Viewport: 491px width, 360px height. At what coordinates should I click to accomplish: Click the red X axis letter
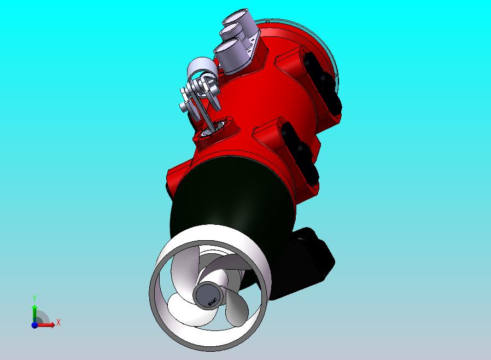point(58,322)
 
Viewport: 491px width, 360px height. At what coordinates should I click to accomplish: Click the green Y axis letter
point(34,298)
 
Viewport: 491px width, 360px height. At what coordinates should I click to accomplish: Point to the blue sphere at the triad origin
point(34,324)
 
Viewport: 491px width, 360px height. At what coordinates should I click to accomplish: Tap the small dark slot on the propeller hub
point(211,301)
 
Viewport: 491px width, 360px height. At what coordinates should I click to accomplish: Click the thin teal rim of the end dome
point(333,55)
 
